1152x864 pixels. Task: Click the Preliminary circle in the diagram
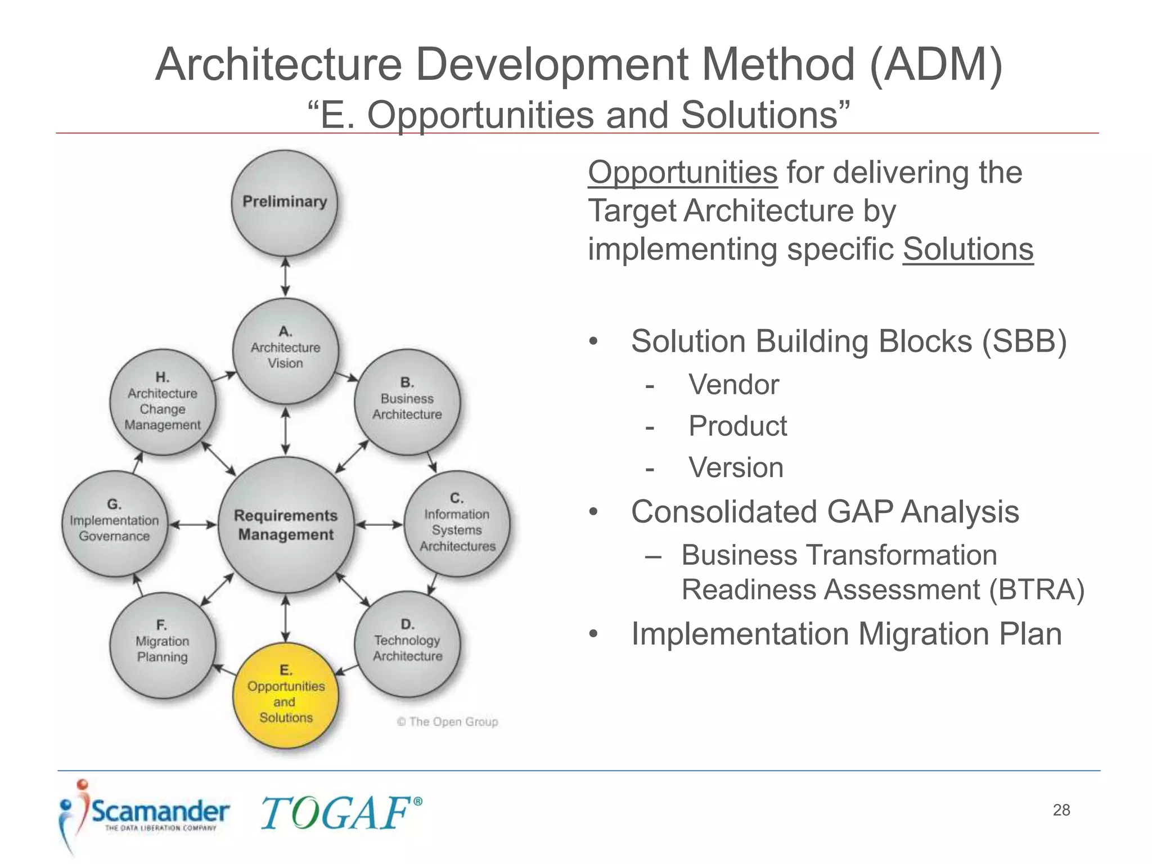(x=285, y=203)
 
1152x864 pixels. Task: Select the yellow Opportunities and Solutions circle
(x=286, y=695)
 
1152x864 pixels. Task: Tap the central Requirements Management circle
(x=286, y=525)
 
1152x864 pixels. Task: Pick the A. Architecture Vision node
(x=286, y=350)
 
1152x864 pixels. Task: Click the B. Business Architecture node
(x=407, y=402)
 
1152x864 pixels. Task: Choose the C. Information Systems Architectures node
(x=457, y=524)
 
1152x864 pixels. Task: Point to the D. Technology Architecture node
(x=407, y=644)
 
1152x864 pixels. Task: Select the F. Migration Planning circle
(x=163, y=645)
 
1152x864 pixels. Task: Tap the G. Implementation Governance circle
(x=115, y=524)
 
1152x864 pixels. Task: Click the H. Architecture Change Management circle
(x=163, y=402)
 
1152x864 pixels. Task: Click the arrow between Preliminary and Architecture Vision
(x=285, y=277)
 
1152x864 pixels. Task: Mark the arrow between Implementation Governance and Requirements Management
(x=193, y=525)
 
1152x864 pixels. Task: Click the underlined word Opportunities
(x=682, y=172)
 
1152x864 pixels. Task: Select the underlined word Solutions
(x=967, y=249)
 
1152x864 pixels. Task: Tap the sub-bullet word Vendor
(x=733, y=385)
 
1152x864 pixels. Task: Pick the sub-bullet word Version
(x=736, y=468)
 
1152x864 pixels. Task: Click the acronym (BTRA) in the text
(x=1036, y=590)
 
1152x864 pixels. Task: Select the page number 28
(x=1061, y=810)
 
